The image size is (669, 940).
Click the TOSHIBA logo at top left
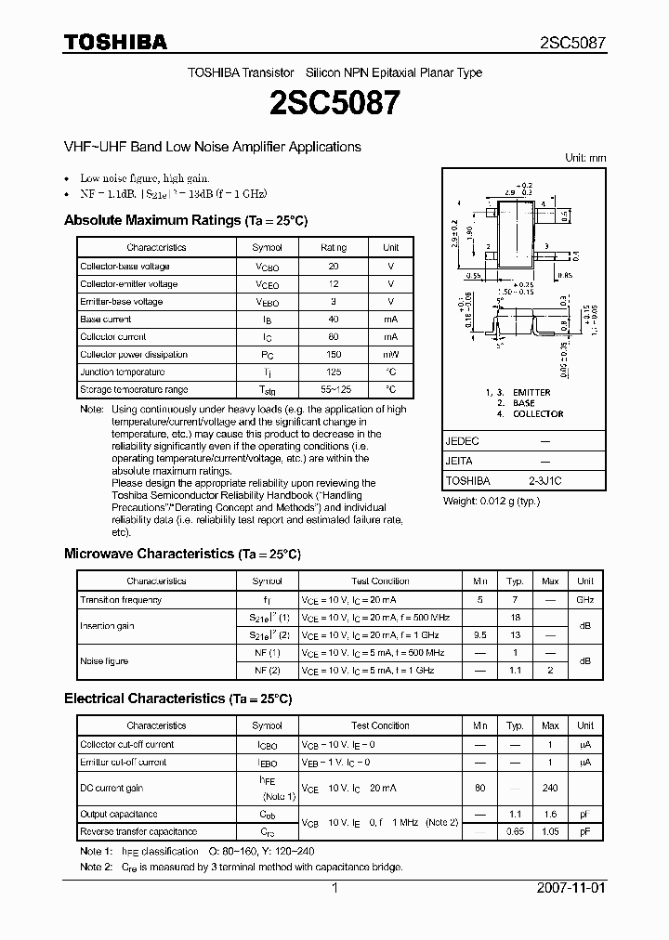pyautogui.click(x=115, y=42)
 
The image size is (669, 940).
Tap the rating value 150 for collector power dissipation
pyautogui.click(x=333, y=354)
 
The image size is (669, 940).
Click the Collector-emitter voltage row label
pyautogui.click(x=128, y=283)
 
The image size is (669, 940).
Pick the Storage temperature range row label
pyautogui.click(x=134, y=389)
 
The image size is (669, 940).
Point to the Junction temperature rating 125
pyautogui.click(x=333, y=372)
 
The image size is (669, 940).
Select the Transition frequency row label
pyautogui.click(x=121, y=600)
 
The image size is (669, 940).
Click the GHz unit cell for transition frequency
pyautogui.click(x=585, y=600)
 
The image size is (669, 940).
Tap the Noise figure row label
pyautogui.click(x=104, y=660)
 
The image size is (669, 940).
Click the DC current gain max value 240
pyautogui.click(x=550, y=787)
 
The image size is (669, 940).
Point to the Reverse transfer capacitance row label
pyautogui.click(x=138, y=831)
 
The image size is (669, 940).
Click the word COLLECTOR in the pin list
pyautogui.click(x=538, y=414)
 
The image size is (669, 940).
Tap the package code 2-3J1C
pyautogui.click(x=544, y=481)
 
